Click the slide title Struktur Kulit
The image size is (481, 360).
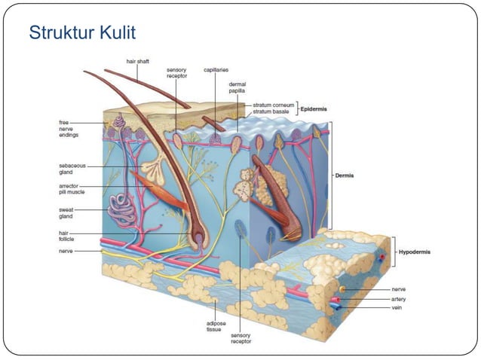pyautogui.click(x=82, y=34)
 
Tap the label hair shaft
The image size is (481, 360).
pyautogui.click(x=138, y=62)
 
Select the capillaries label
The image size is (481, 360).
pyautogui.click(x=216, y=69)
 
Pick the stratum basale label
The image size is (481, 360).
pyautogui.click(x=271, y=112)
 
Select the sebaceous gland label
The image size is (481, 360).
pyautogui.click(x=72, y=169)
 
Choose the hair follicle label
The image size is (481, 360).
pyautogui.click(x=69, y=236)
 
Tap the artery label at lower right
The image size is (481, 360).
pyautogui.click(x=399, y=299)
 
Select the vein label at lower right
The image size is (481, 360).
pyautogui.click(x=397, y=307)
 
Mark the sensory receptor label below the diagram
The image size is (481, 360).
pyautogui.click(x=241, y=338)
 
